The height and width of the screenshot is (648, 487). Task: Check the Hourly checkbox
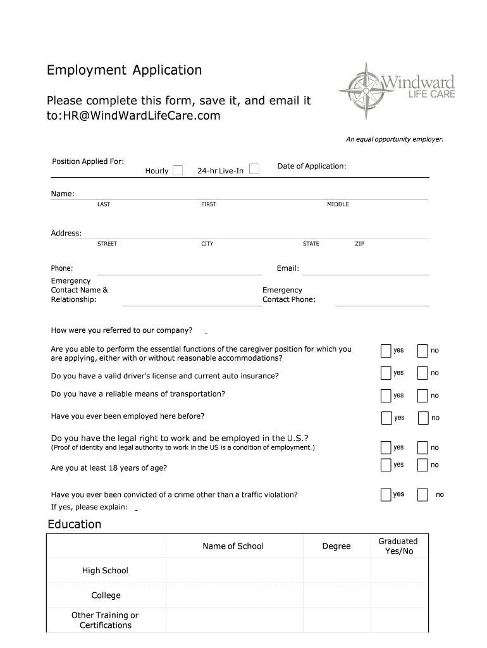[178, 170]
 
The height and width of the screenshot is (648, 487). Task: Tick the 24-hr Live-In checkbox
[254, 169]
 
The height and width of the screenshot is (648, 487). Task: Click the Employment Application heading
[124, 70]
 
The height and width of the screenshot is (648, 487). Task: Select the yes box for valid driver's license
[386, 373]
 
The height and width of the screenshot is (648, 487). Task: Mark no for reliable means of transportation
[422, 396]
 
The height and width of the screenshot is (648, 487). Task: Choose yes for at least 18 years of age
[386, 465]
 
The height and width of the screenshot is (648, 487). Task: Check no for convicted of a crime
[422, 494]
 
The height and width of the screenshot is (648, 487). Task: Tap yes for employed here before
[386, 418]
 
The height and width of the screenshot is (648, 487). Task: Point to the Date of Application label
[312, 166]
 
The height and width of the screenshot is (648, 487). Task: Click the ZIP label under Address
[359, 244]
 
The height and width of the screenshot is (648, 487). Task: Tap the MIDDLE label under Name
[338, 204]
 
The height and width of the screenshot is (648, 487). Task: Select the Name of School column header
[233, 546]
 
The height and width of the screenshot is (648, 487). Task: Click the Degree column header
[336, 546]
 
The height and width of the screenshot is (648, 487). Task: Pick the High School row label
[105, 571]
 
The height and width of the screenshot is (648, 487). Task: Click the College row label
[106, 595]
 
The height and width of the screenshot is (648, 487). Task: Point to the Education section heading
[75, 524]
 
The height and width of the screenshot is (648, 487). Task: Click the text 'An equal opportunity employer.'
[394, 139]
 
